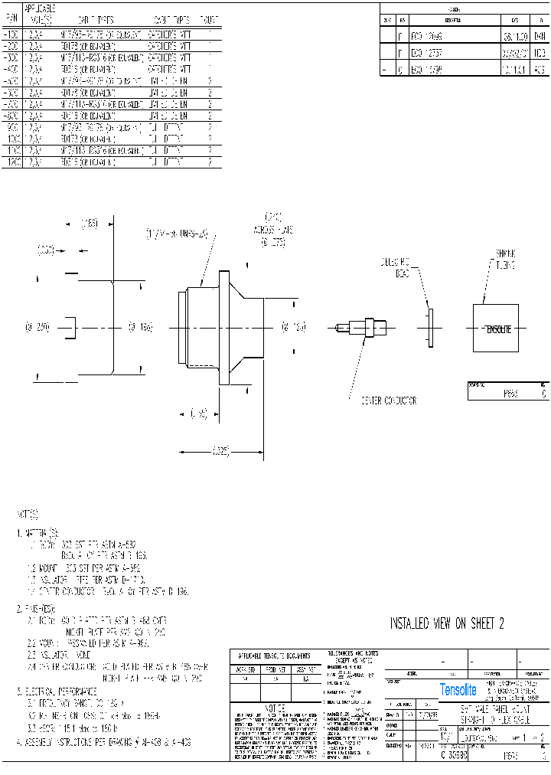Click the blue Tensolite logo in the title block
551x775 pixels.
pyautogui.click(x=458, y=690)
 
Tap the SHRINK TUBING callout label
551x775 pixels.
pyautogui.click(x=504, y=259)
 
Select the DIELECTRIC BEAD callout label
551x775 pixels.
pyautogui.click(x=396, y=267)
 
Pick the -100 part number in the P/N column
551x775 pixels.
pyautogui.click(x=12, y=34)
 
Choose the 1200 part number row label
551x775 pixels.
pyautogui.click(x=12, y=163)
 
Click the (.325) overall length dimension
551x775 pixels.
pyautogui.click(x=222, y=452)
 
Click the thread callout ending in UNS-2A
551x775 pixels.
pyautogui.click(x=178, y=233)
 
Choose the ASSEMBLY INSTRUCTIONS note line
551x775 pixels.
pyautogui.click(x=104, y=742)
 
